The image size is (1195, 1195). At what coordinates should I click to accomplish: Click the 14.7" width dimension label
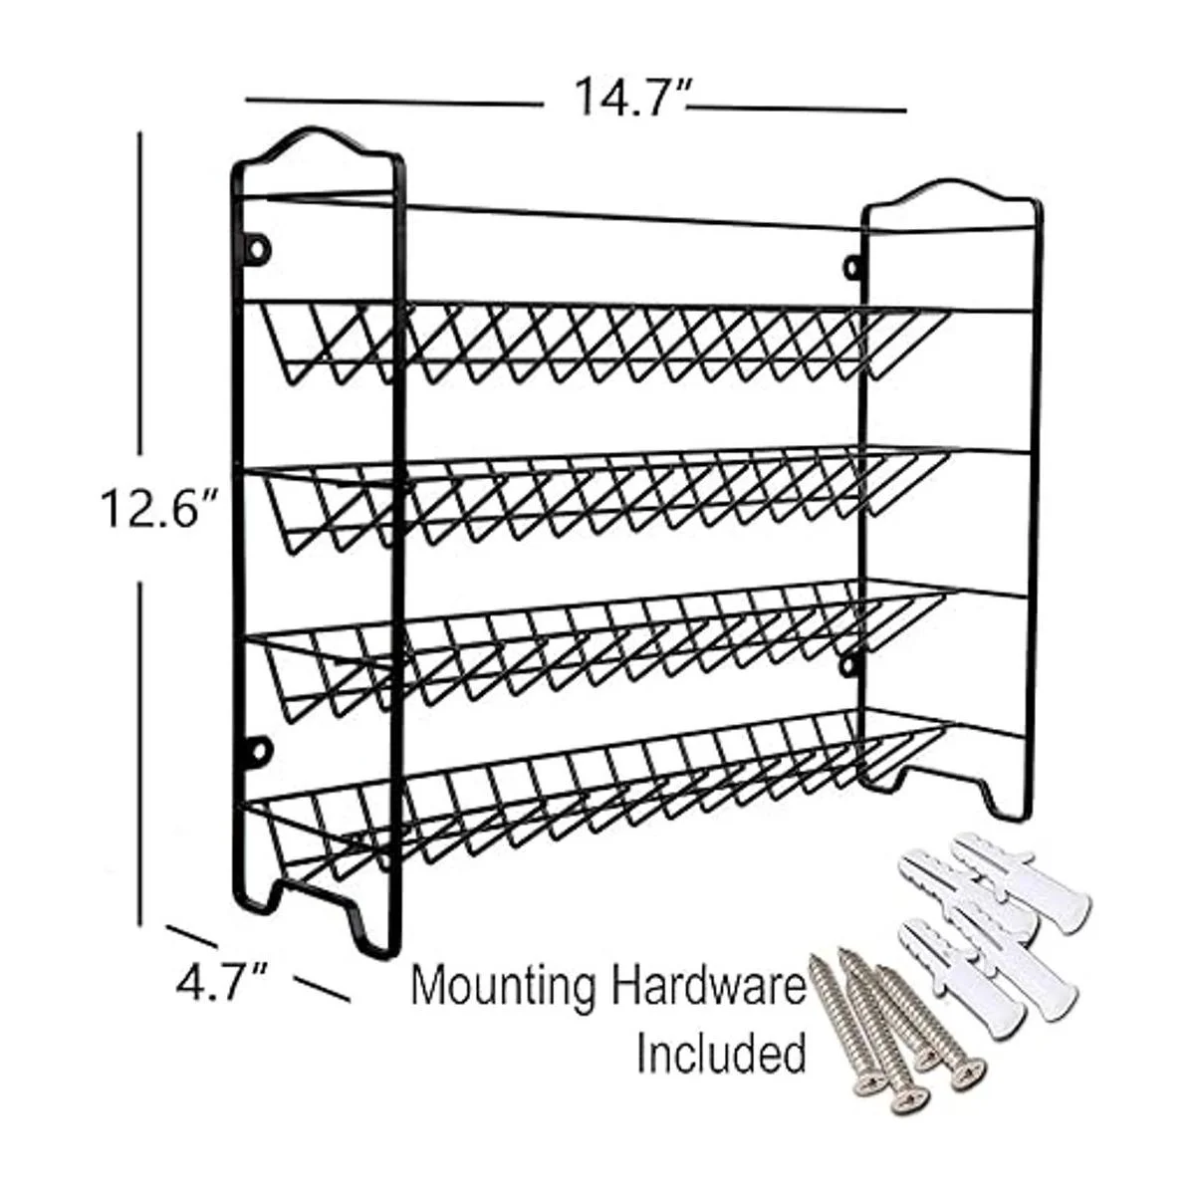pyautogui.click(x=632, y=97)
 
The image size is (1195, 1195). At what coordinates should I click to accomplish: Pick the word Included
pyautogui.click(x=722, y=1053)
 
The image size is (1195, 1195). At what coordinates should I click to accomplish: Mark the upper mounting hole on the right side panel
pyautogui.click(x=852, y=267)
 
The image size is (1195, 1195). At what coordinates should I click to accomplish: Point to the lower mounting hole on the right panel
pyautogui.click(x=850, y=665)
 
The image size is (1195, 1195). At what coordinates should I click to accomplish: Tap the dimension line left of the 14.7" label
pyautogui.click(x=394, y=103)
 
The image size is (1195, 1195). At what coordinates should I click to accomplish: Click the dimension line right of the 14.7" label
pyautogui.click(x=797, y=110)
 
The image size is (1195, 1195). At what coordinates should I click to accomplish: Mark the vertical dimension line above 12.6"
pyautogui.click(x=140, y=293)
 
